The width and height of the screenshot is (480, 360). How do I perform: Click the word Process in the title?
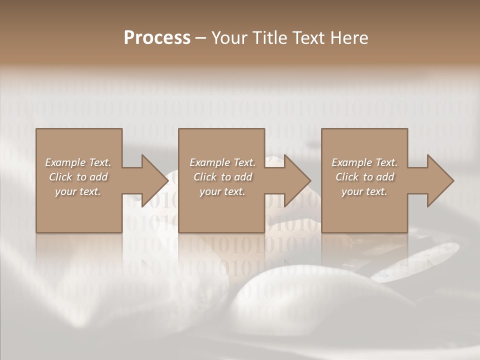(157, 38)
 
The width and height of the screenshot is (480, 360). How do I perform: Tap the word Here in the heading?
(348, 38)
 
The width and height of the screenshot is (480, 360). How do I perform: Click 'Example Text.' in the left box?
(78, 162)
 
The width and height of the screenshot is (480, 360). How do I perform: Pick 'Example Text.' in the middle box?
(222, 162)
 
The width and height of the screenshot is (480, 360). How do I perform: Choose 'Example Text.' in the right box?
(364, 162)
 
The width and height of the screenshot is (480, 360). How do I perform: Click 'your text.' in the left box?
(78, 191)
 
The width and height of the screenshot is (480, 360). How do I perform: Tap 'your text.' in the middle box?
(222, 191)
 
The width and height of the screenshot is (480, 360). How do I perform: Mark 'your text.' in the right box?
(364, 191)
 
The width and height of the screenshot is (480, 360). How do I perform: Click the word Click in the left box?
(60, 177)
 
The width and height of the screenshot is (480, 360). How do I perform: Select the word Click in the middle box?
(205, 177)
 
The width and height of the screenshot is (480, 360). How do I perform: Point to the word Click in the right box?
(347, 177)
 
